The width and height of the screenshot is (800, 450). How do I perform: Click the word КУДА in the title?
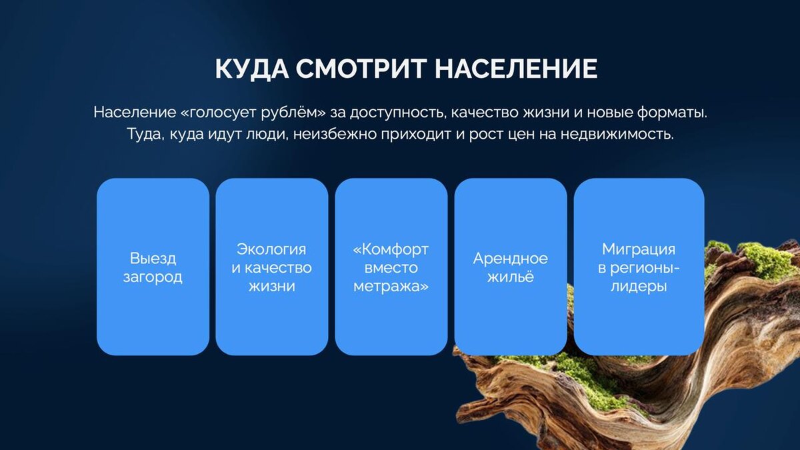(252, 68)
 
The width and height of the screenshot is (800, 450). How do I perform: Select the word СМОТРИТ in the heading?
(361, 68)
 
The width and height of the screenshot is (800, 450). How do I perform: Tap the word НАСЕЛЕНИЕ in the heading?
(516, 68)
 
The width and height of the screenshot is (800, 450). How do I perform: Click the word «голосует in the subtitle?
(219, 113)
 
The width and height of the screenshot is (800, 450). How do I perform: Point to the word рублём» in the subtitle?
(293, 113)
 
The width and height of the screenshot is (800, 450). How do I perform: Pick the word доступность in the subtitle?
(398, 113)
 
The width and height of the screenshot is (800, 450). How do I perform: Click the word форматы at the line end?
(672, 113)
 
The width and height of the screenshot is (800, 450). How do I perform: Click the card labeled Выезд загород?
(153, 267)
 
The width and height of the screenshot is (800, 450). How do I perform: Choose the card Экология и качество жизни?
(272, 267)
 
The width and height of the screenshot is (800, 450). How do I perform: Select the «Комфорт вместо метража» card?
(391, 267)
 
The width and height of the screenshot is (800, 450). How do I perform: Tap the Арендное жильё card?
(511, 267)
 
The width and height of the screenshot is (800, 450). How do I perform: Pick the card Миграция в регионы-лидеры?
(639, 267)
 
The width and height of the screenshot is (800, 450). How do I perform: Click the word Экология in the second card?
(271, 249)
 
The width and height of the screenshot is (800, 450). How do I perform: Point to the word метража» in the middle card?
(391, 287)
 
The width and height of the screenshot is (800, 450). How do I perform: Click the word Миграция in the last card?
(639, 249)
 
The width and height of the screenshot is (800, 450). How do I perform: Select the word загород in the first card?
(153, 277)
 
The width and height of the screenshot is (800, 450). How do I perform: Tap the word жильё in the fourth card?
(511, 277)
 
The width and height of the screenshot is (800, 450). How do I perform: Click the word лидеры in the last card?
(639, 287)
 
